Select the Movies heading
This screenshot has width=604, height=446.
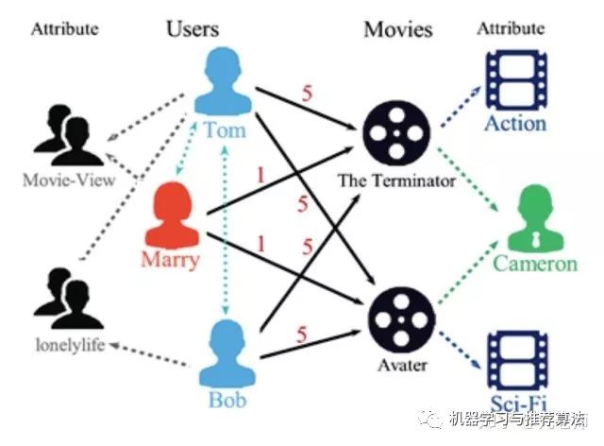[x=398, y=29]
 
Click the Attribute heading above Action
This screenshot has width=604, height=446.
[x=511, y=28]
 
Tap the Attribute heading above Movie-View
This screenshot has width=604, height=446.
[x=64, y=28]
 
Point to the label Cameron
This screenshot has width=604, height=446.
[x=535, y=263]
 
